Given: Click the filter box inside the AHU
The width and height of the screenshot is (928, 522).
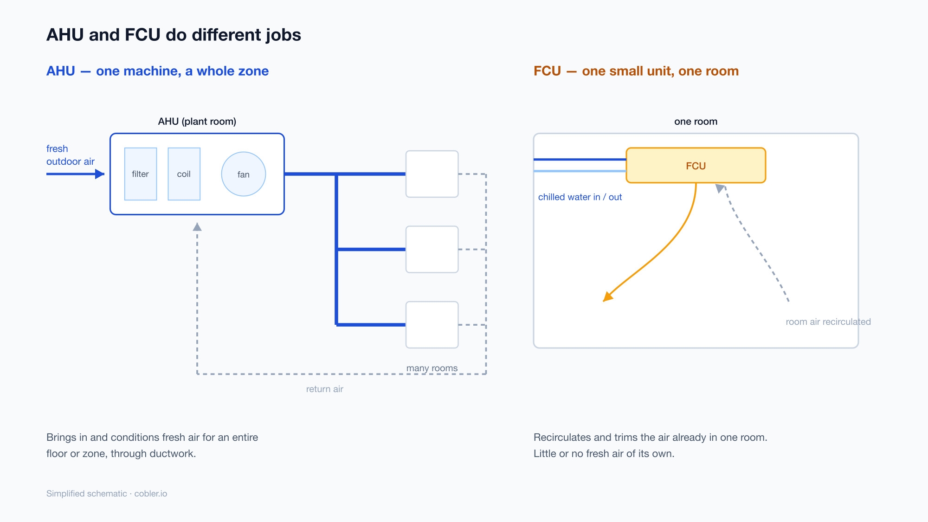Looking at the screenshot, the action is tap(141, 174).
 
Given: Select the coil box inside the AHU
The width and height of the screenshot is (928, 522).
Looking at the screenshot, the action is tap(184, 174).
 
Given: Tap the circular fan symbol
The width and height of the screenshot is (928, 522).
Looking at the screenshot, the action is tap(244, 174).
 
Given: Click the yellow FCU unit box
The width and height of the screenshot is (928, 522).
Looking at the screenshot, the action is tap(696, 166).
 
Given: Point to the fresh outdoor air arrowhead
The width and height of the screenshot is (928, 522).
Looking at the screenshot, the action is tap(100, 174).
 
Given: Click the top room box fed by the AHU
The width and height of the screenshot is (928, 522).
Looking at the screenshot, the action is tap(432, 174).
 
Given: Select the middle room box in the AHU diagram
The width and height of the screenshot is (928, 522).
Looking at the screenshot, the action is tap(432, 249).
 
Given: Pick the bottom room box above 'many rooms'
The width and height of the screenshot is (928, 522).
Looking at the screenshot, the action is tap(432, 325).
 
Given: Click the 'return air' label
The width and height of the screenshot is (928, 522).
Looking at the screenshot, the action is tap(325, 389).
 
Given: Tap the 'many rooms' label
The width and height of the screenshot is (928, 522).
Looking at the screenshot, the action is tap(432, 368).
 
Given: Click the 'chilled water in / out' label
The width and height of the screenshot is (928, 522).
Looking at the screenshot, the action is tap(580, 197).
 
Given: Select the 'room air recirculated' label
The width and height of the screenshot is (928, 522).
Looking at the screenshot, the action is tap(828, 322).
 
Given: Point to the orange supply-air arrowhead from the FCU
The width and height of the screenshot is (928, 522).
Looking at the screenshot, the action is tap(607, 297).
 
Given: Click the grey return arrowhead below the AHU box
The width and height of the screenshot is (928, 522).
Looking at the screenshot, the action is tap(197, 227).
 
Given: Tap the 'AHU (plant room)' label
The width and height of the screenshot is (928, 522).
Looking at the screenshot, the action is tap(197, 122).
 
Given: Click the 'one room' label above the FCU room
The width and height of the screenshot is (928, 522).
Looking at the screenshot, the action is tap(696, 122).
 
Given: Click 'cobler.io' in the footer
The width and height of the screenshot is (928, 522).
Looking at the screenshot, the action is tap(151, 494).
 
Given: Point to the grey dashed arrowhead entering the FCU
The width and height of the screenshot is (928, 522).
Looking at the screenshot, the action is tap(720, 188).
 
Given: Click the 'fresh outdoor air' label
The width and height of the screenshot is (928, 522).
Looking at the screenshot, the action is tap(71, 155).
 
